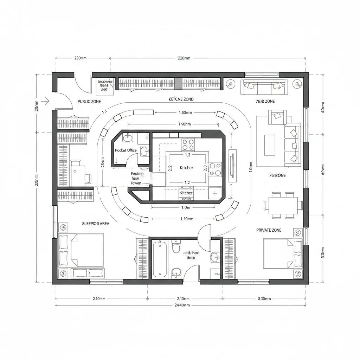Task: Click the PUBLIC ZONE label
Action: [x=89, y=101]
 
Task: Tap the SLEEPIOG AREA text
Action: [x=96, y=224]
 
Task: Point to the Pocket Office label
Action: [x=126, y=150]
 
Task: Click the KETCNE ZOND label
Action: [x=181, y=99]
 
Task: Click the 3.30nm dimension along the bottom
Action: [x=262, y=299]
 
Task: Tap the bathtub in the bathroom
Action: [x=160, y=259]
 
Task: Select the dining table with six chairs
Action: [x=283, y=205]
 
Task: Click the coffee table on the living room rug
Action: [x=270, y=145]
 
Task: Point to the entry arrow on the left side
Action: [x=45, y=101]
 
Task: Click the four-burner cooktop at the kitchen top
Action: [x=188, y=144]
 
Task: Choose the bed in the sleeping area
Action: [x=83, y=250]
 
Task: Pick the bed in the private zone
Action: [x=281, y=254]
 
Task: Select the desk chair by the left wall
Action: [x=88, y=178]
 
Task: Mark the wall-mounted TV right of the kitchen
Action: [x=232, y=165]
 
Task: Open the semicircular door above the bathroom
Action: [x=204, y=232]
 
